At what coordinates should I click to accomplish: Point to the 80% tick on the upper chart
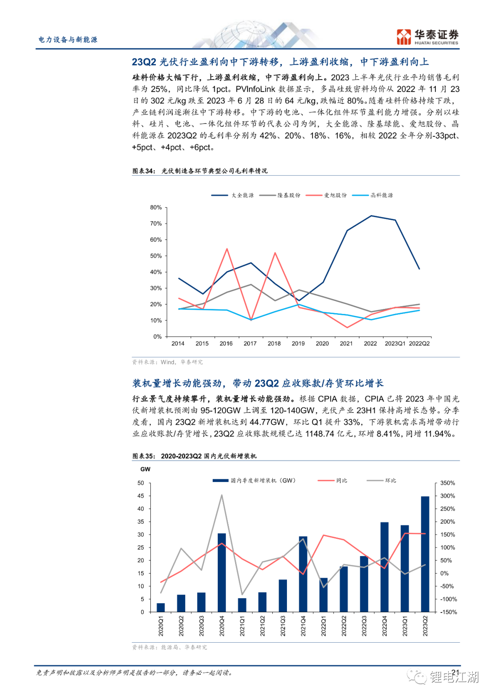pos(156,207)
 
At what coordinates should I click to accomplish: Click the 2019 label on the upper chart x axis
pos(298,343)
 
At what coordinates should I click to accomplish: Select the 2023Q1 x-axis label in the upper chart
pos(395,343)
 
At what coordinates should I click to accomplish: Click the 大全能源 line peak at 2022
pos(371,216)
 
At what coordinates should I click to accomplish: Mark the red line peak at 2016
pos(227,249)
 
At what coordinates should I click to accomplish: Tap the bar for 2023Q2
pos(425,554)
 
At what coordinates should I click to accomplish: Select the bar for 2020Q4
pos(222,572)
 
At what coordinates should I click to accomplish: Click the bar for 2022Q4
pos(385,567)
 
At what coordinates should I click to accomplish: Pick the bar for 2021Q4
pos(303,574)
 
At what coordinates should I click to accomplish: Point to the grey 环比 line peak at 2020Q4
pos(222,495)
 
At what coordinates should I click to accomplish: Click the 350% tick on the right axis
pos(447,483)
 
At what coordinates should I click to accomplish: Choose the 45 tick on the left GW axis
pos(141,496)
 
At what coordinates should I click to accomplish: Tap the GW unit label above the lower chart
pos(145,469)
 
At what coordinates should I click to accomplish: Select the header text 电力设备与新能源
pos(68,40)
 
